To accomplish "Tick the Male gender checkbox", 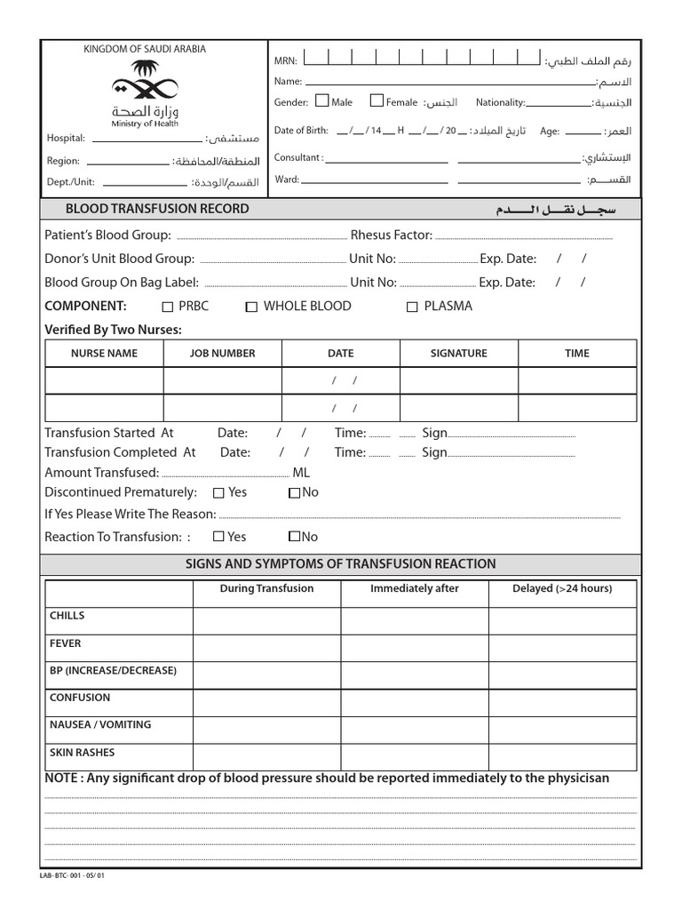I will pyautogui.click(x=321, y=101).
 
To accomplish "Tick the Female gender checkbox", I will pyautogui.click(x=377, y=101).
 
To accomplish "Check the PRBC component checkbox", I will pyautogui.click(x=168, y=307).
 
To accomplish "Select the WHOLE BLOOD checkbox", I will pyautogui.click(x=252, y=307).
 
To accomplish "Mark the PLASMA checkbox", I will pyautogui.click(x=412, y=307).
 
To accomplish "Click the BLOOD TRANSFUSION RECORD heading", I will pyautogui.click(x=157, y=209).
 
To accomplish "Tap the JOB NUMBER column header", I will pyautogui.click(x=222, y=353).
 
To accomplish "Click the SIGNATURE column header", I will pyautogui.click(x=458, y=353).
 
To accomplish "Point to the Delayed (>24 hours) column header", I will pyautogui.click(x=562, y=588).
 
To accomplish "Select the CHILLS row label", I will pyautogui.click(x=67, y=616).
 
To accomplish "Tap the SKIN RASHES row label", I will pyautogui.click(x=83, y=752).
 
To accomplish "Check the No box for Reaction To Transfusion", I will pyautogui.click(x=294, y=537).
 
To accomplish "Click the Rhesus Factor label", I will pyautogui.click(x=391, y=235).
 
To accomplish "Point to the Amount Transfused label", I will pyautogui.click(x=102, y=473).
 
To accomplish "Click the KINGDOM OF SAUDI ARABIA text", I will pyautogui.click(x=144, y=49).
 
